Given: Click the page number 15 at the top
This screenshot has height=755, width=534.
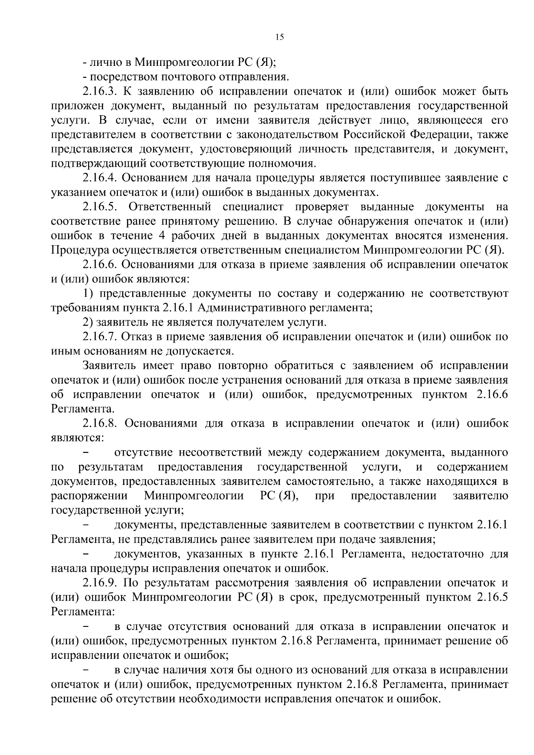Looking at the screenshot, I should [279, 37].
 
